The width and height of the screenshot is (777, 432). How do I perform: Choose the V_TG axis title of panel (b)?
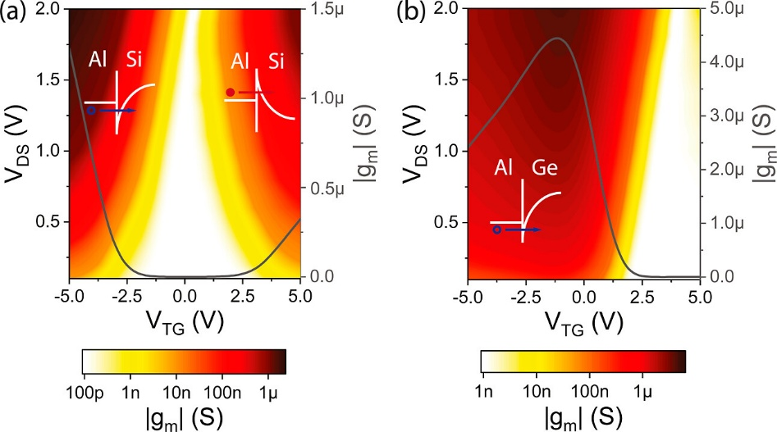pos(583,320)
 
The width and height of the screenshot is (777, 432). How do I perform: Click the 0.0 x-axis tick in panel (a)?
pos(185,293)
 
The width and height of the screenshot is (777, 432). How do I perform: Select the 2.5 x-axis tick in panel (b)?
pos(640,293)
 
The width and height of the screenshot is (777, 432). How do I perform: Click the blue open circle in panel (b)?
pos(496,230)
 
